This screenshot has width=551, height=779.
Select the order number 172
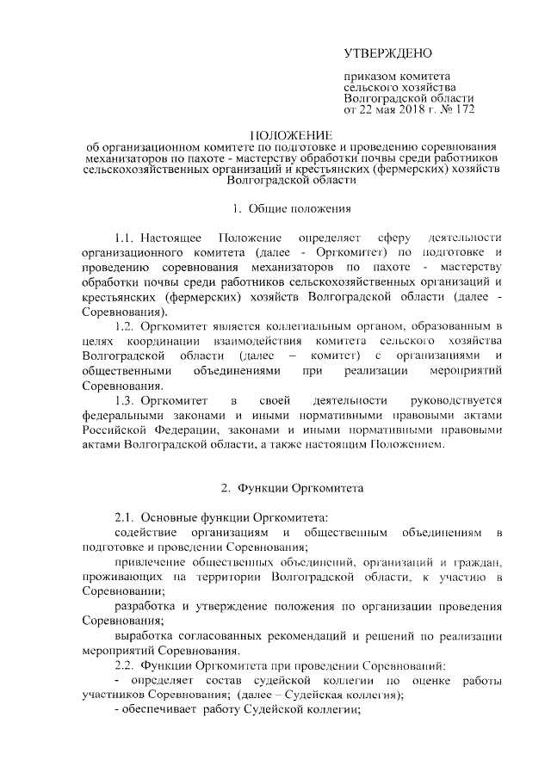pos(462,110)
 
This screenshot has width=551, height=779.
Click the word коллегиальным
pos(306,325)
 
